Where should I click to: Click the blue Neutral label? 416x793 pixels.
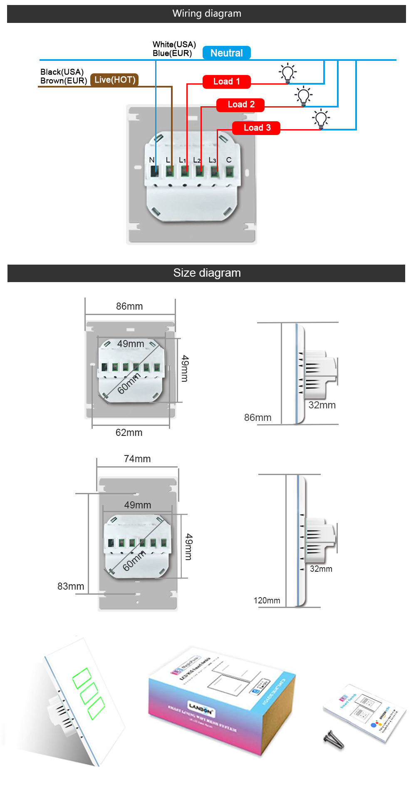click(x=226, y=53)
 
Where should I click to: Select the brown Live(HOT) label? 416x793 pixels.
click(x=114, y=80)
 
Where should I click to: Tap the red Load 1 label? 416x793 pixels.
click(x=226, y=82)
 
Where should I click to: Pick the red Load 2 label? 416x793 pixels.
click(x=240, y=105)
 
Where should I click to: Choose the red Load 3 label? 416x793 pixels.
click(x=256, y=128)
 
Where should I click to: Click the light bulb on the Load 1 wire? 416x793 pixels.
click(x=287, y=73)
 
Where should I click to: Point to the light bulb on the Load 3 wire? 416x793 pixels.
click(x=321, y=119)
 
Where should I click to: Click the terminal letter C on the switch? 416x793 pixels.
click(x=229, y=160)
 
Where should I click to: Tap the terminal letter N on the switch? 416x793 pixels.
click(x=152, y=160)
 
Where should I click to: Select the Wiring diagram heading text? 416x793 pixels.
click(x=207, y=14)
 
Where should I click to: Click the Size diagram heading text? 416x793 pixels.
click(x=207, y=273)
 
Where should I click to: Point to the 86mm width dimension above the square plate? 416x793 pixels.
click(x=129, y=306)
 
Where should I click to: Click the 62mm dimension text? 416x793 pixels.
click(x=129, y=433)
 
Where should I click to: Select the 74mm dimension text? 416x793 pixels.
click(x=137, y=459)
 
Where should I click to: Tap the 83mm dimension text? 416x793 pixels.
click(x=71, y=586)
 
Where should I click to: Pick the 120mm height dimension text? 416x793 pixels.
click(x=267, y=600)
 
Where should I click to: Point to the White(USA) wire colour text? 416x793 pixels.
click(x=174, y=45)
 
